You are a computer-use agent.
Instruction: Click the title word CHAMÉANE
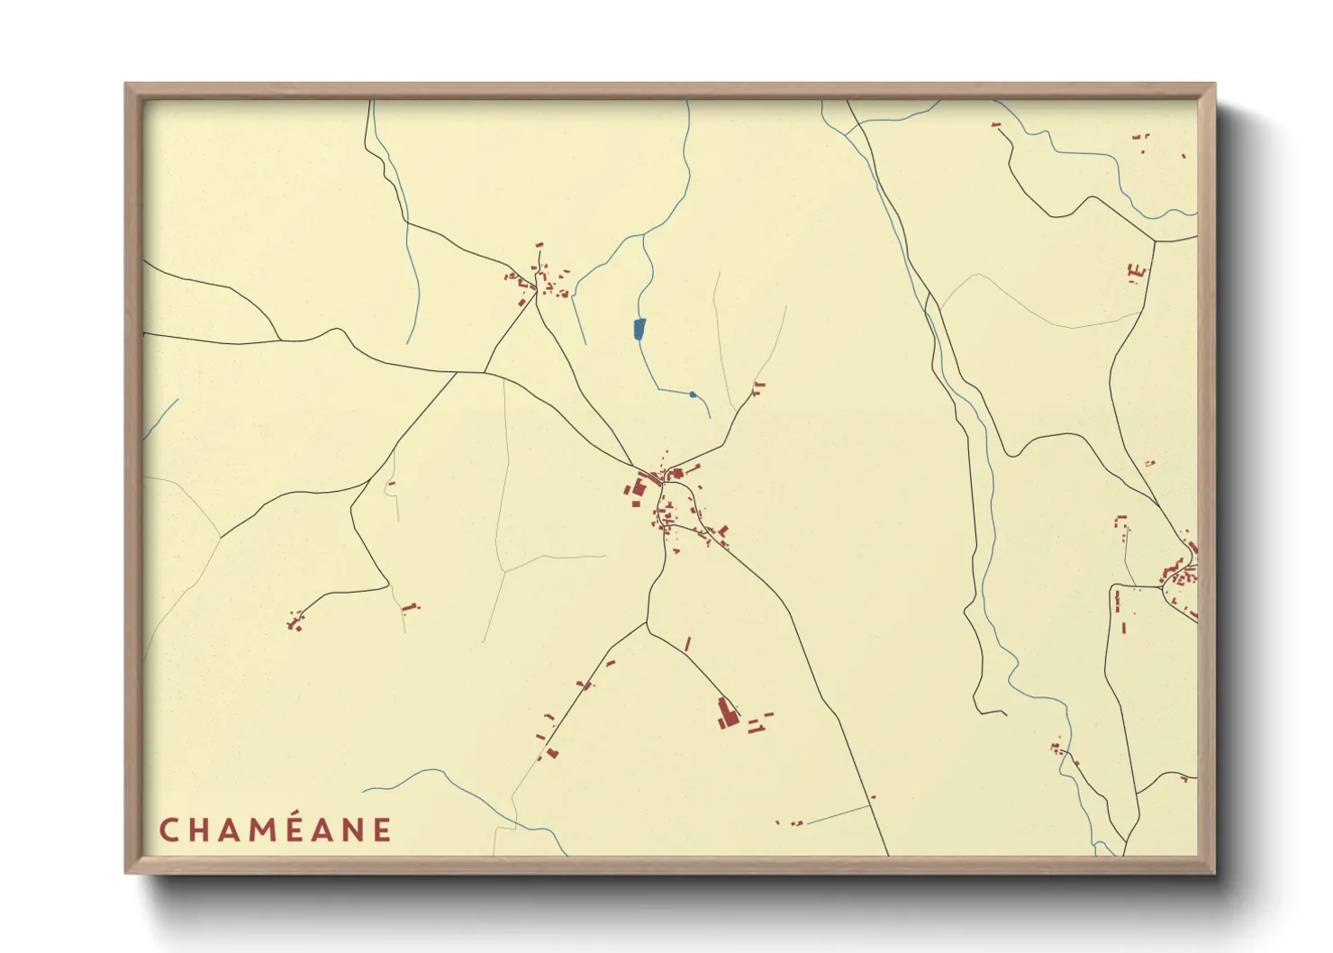pyautogui.click(x=276, y=830)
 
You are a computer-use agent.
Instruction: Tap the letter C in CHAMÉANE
pyautogui.click(x=168, y=830)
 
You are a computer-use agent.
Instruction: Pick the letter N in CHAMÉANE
pyautogui.click(x=353, y=830)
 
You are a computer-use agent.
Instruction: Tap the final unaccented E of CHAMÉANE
pyautogui.click(x=382, y=830)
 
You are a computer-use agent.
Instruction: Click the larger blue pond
pyautogui.click(x=639, y=329)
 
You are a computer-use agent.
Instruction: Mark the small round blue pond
pyautogui.click(x=692, y=395)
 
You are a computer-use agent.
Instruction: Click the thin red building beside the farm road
pyautogui.click(x=688, y=644)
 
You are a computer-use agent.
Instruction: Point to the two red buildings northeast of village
pyautogui.click(x=758, y=388)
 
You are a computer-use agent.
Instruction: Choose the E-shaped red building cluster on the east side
pyautogui.click(x=1137, y=270)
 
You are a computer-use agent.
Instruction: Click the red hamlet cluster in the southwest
pyautogui.click(x=294, y=622)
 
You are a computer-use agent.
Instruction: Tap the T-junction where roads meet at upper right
pyautogui.click(x=1155, y=241)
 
